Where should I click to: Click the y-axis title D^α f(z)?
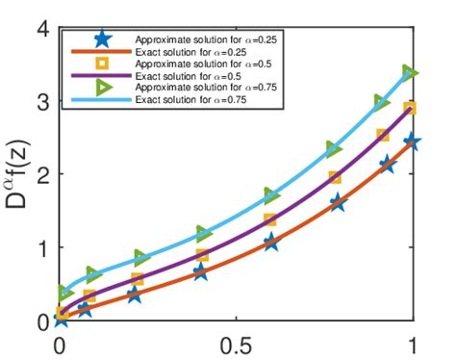(20, 172)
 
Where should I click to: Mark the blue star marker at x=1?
(411, 141)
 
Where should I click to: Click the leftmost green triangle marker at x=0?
(65, 292)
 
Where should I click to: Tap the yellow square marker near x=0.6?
(271, 220)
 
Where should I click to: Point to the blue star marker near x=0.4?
(200, 272)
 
